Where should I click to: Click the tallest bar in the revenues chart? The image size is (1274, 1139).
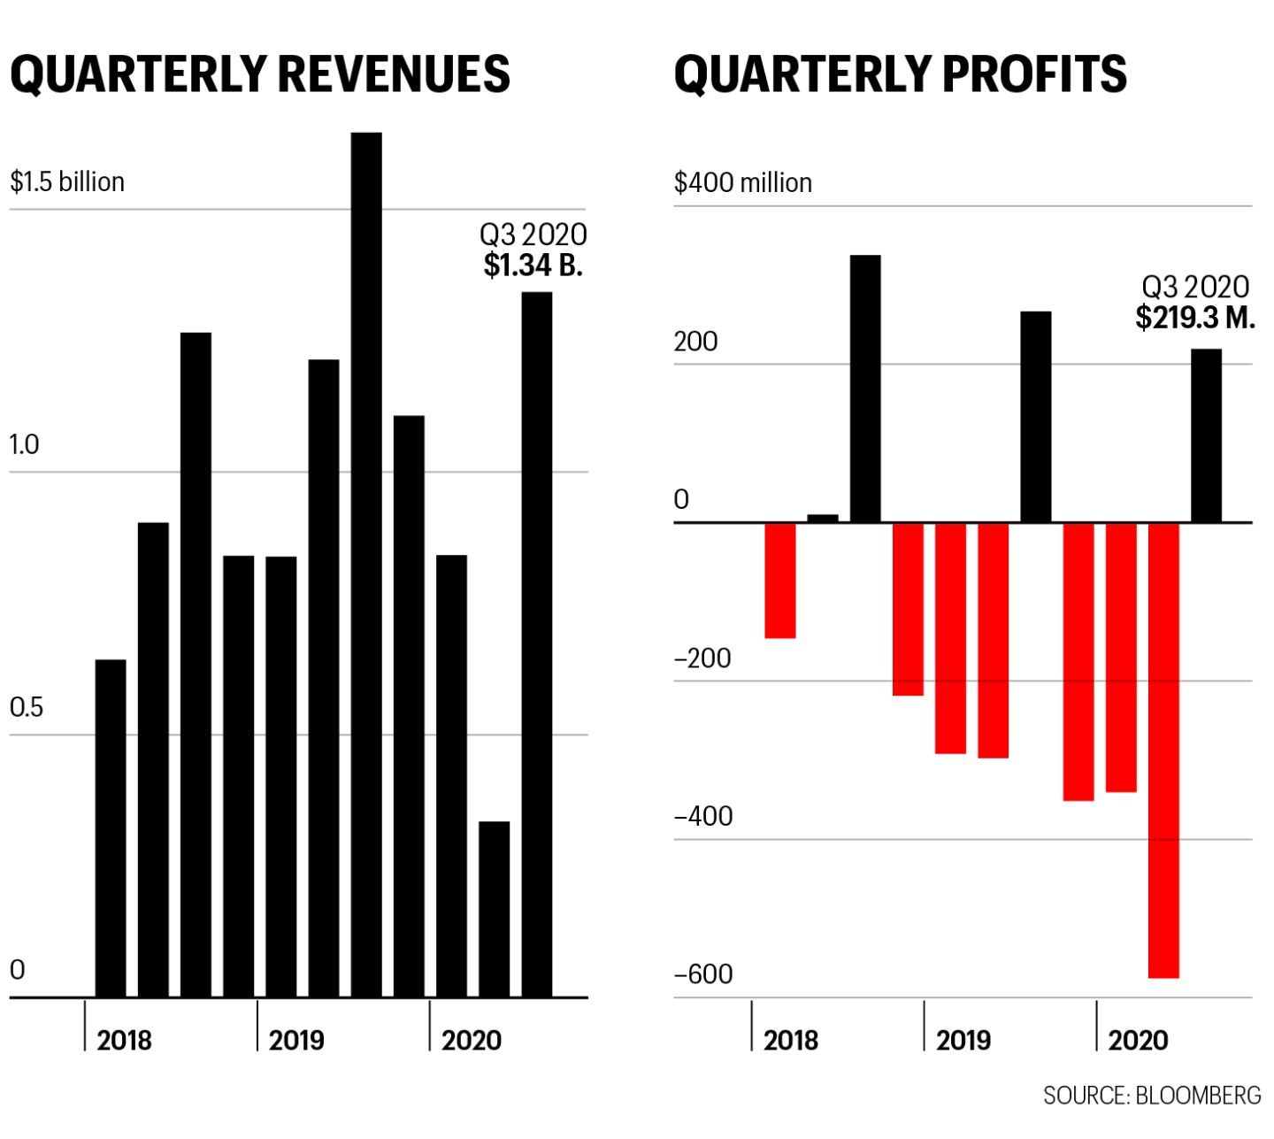pos(366,566)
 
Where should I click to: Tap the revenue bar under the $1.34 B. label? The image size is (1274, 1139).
pos(537,646)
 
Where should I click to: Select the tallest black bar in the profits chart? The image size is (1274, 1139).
pos(865,389)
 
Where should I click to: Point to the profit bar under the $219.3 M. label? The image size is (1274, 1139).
pos(1206,435)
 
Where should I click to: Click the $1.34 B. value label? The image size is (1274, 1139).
pos(533,266)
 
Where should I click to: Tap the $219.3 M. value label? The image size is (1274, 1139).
pos(1195,318)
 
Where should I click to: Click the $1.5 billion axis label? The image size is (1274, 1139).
pos(67,182)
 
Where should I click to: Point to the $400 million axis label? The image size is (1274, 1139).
pos(743,183)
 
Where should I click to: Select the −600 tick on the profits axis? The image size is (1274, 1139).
pos(703,974)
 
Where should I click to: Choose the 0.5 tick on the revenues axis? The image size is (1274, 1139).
pos(26,708)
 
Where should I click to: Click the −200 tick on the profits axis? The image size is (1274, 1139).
pos(702,658)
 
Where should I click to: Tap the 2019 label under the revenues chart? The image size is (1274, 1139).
pos(296,1040)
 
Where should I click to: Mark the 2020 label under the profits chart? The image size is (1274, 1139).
pos(1138,1040)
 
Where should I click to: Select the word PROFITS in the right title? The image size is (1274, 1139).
pos(1034,74)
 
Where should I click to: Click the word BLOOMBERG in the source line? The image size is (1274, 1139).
pos(1198,1096)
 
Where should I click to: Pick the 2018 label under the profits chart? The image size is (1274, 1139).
pos(791,1040)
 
